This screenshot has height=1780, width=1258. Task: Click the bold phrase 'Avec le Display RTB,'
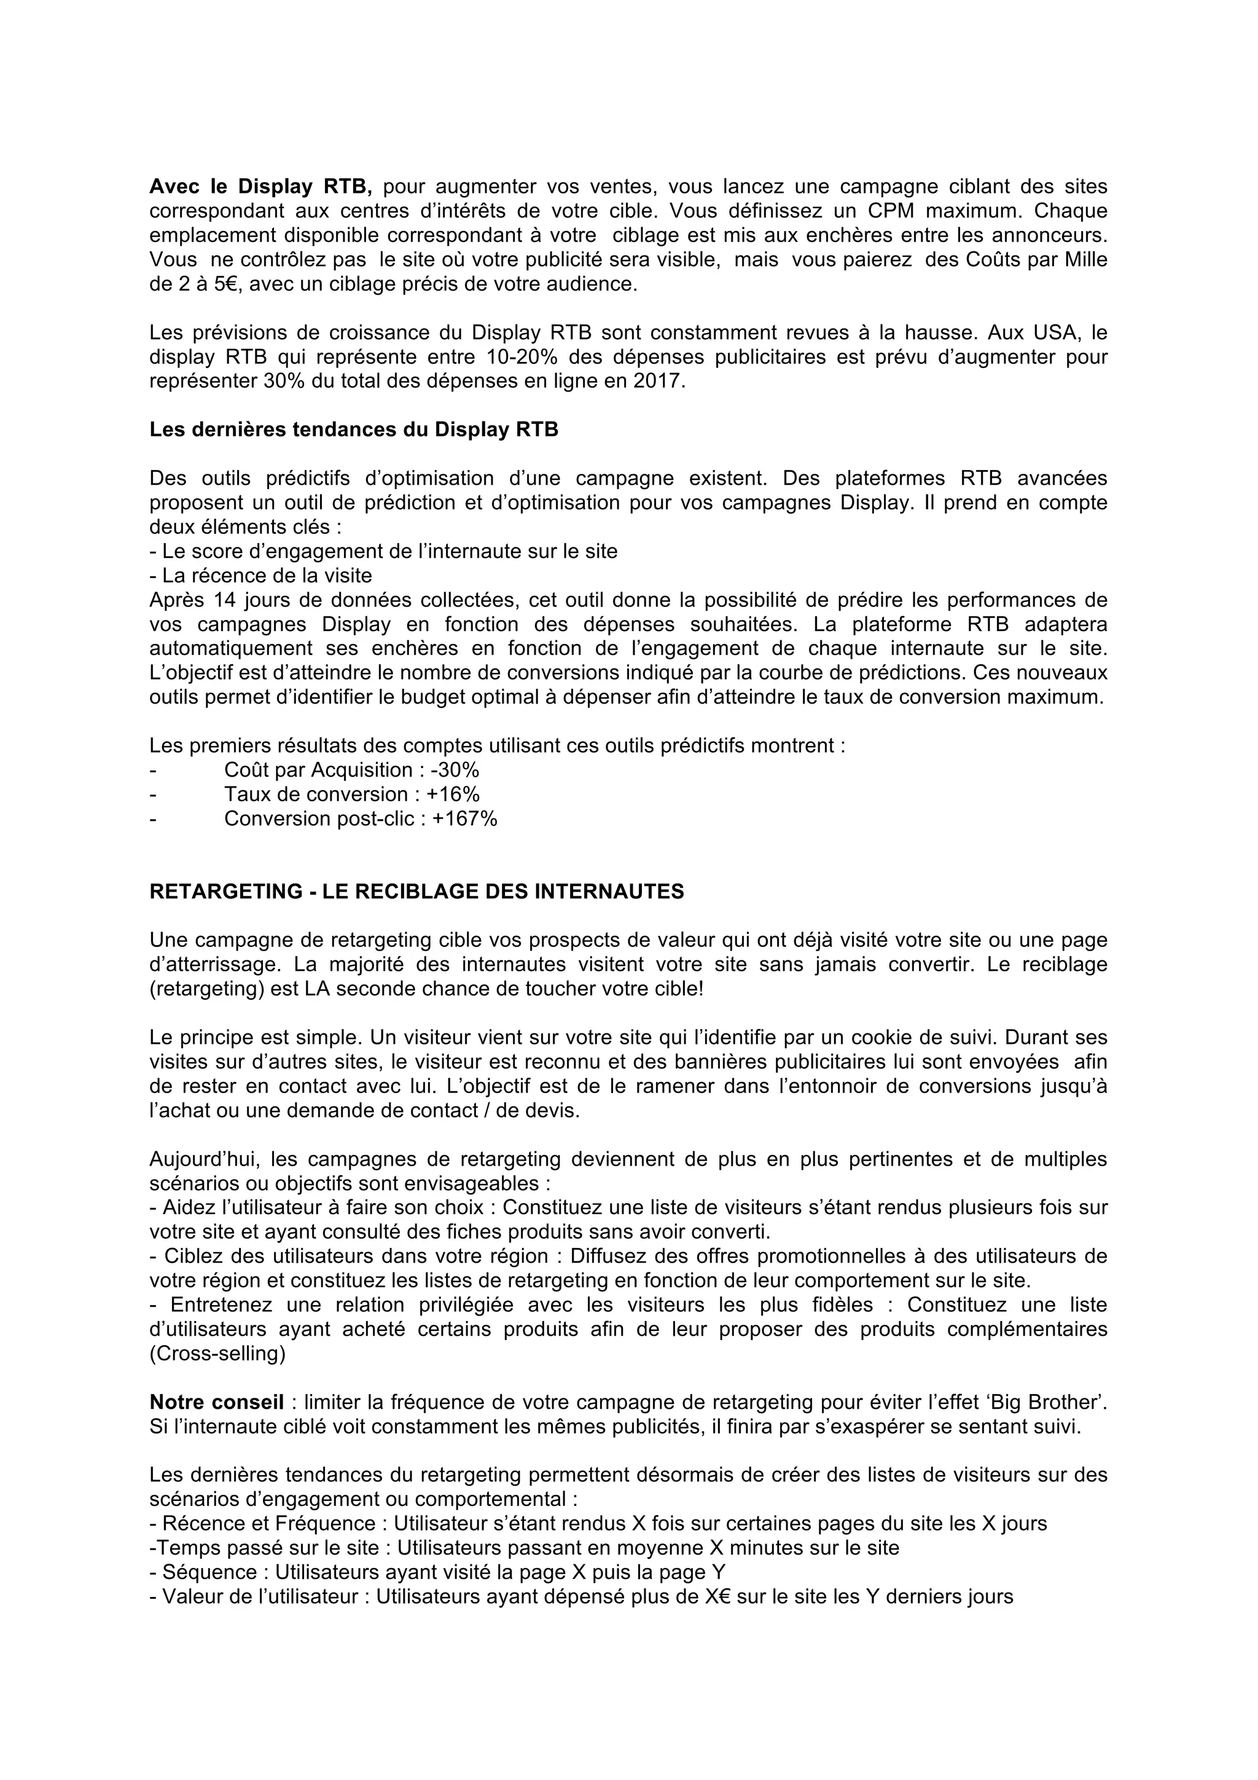260,187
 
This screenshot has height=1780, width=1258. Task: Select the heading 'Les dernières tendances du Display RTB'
353,429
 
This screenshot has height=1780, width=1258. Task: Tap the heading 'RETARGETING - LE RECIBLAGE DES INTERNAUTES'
416,892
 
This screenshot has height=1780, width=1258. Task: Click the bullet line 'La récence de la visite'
267,576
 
